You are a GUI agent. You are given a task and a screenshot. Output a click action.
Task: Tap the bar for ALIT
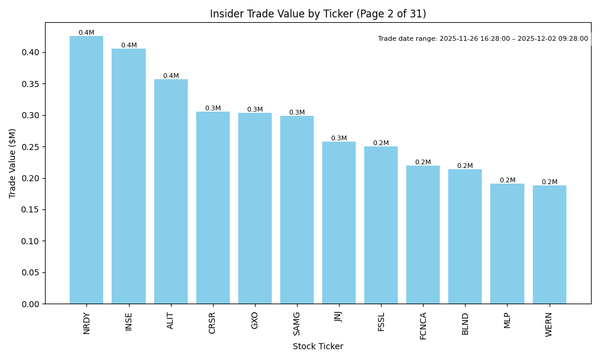pos(171,191)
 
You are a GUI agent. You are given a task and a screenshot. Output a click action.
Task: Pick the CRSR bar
pos(213,207)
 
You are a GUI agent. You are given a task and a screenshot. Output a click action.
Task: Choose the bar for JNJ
pos(339,223)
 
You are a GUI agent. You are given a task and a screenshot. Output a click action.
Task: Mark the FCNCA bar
pos(423,235)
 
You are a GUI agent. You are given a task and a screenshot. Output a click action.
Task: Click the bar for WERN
pos(549,244)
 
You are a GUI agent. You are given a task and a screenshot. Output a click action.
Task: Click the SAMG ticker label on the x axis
pos(297,323)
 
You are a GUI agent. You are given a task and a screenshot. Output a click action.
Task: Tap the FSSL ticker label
pos(382,322)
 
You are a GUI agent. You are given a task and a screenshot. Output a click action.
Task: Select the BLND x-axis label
pos(466,323)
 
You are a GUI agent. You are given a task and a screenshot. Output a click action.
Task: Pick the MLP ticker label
pos(508,320)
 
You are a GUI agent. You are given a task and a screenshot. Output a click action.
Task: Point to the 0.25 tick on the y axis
pos(31,147)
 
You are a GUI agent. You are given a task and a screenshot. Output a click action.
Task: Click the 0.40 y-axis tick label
pos(31,53)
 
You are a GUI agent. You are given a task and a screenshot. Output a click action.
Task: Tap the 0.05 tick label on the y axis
pos(31,272)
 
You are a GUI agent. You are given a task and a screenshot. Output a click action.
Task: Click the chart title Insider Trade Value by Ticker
pos(318,14)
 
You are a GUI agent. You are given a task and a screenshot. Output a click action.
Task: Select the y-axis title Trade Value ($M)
pos(12,163)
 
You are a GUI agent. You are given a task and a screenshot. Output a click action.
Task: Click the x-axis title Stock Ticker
pos(318,346)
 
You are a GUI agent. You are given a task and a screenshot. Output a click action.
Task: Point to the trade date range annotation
pos(483,39)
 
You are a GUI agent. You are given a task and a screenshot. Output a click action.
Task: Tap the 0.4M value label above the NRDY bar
pos(86,33)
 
